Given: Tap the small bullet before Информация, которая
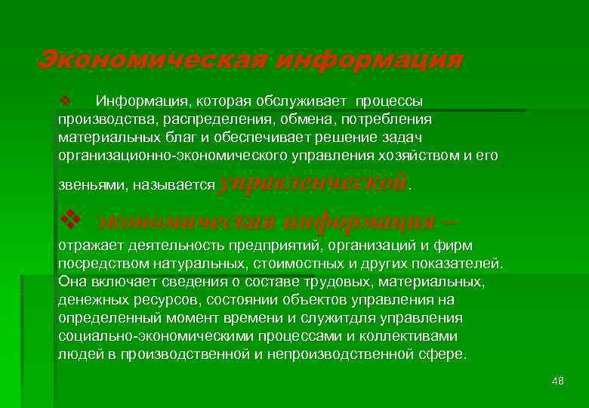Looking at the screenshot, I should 64,100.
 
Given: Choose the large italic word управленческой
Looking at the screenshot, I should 313,182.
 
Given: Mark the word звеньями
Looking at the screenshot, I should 83,185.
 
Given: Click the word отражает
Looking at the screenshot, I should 84,246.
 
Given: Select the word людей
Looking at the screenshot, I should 75,353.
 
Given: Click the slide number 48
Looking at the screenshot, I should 558,380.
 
